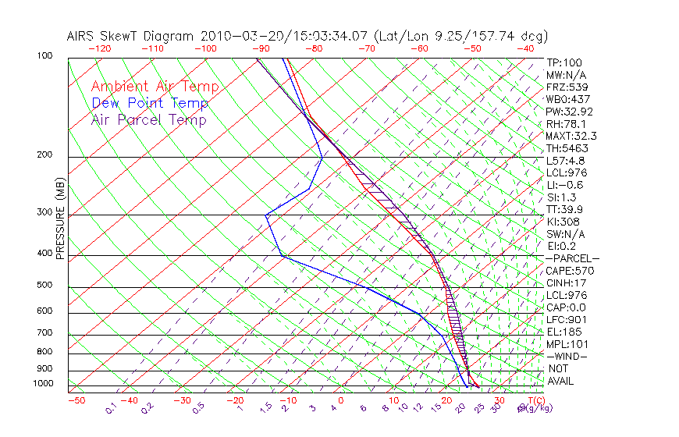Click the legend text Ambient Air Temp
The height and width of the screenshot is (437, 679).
tap(155, 87)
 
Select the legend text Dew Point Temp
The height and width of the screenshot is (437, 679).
tap(149, 103)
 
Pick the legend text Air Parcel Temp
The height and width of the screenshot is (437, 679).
tap(148, 119)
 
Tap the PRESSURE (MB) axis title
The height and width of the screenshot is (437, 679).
tap(59, 218)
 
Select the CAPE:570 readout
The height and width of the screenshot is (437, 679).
tap(571, 271)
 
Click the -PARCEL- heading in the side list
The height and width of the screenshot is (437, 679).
tap(572, 258)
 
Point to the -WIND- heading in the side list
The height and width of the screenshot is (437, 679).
tap(567, 356)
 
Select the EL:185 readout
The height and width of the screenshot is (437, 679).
tap(563, 332)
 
